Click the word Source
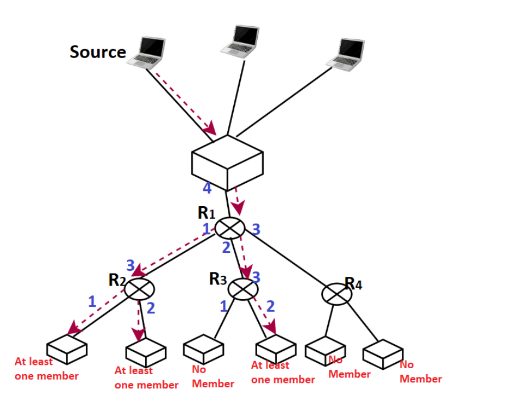point(98,52)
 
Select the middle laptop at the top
point(240,41)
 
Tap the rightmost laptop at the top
point(346,54)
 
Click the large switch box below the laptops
point(227,162)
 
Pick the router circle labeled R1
point(230,228)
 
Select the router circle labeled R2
point(140,288)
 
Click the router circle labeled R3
point(243,289)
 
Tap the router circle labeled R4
point(336,294)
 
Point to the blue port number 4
point(207,189)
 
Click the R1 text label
point(207,213)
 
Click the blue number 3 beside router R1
point(256,230)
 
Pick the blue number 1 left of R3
point(223,306)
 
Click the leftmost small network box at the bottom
point(66,349)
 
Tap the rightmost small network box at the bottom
point(383,354)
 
